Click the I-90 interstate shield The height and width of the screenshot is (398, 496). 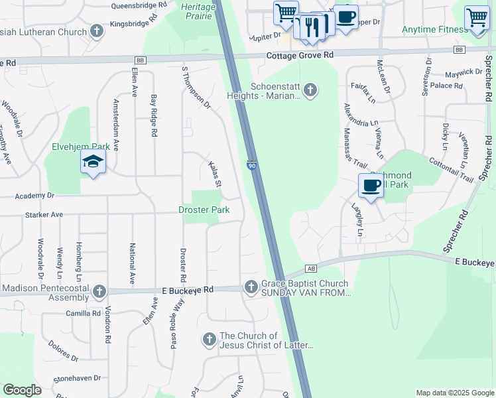[x=252, y=165]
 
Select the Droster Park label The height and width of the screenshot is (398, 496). [x=204, y=210]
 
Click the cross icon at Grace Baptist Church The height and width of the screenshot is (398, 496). [x=251, y=287]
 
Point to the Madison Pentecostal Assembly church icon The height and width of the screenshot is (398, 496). [x=99, y=291]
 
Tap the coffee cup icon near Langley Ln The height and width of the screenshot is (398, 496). [x=371, y=185]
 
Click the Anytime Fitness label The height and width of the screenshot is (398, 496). [x=434, y=29]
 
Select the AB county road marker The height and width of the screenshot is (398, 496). [x=310, y=269]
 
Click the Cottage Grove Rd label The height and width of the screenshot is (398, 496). [x=299, y=56]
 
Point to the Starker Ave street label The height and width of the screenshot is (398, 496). [x=44, y=215]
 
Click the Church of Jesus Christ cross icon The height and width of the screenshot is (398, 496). [x=208, y=340]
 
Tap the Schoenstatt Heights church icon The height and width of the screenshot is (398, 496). [x=311, y=90]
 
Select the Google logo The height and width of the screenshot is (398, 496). [x=22, y=390]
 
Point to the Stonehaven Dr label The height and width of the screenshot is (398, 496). [x=77, y=377]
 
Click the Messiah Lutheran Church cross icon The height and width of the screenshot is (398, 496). [x=97, y=31]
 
